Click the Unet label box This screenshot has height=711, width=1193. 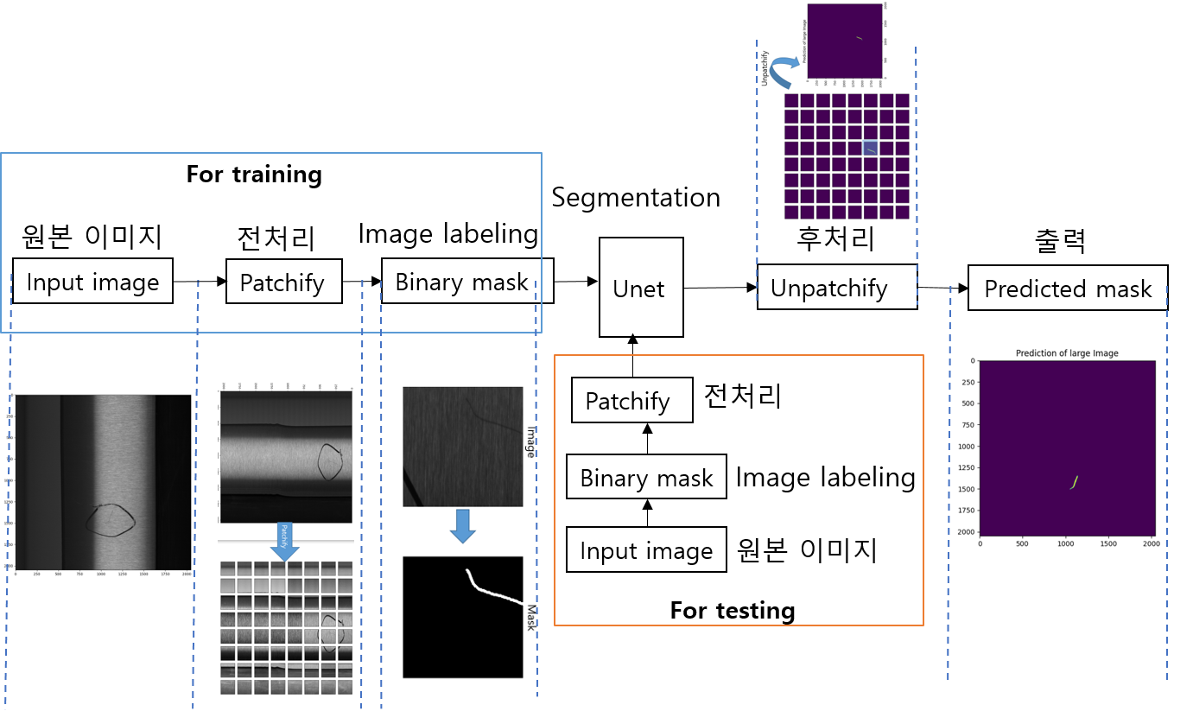point(640,288)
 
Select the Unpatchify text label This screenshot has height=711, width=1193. point(829,288)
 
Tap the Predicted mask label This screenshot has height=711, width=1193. point(1068,289)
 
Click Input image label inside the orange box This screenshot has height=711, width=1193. point(646,551)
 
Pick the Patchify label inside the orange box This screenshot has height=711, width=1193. point(628,401)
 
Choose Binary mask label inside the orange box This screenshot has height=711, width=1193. point(646,479)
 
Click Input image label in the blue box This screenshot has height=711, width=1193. point(92,282)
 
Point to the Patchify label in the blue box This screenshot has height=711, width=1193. point(282,282)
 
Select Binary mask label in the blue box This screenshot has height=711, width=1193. point(462,282)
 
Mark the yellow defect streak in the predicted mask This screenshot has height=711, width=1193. point(1075,482)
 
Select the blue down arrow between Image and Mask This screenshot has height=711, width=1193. point(463,525)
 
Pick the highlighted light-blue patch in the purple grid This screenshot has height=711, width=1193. point(870,149)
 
